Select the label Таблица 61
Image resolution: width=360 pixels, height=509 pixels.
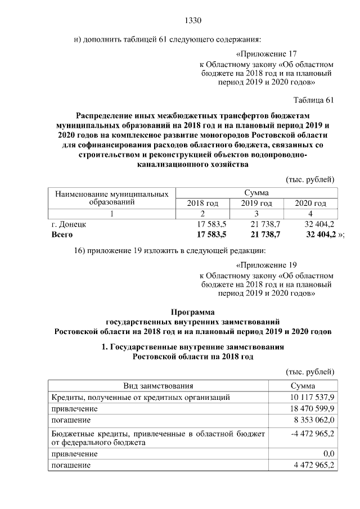coord(314,100)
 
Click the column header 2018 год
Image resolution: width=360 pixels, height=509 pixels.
coord(202,203)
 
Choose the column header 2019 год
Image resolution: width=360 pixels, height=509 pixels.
coord(256,203)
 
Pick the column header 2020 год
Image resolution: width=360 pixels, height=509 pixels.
coord(310,203)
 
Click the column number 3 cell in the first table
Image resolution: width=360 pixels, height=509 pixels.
coord(256,213)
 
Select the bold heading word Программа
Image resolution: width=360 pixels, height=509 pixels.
coord(193,311)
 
